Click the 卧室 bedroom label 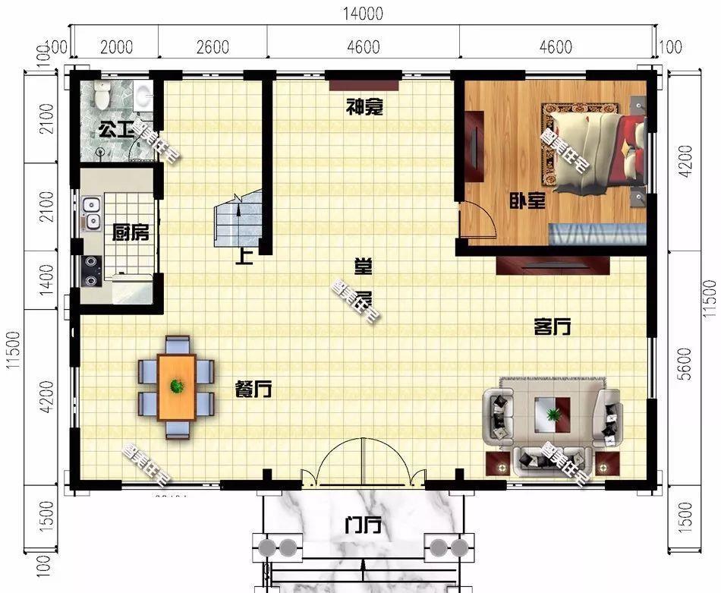pyautogui.click(x=527, y=201)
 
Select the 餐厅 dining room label pyautogui.click(x=253, y=390)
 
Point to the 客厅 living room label pyautogui.click(x=552, y=327)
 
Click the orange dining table pyautogui.click(x=177, y=386)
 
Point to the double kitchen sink pyautogui.click(x=92, y=213)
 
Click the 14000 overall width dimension pyautogui.click(x=362, y=14)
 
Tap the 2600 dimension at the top pyautogui.click(x=212, y=47)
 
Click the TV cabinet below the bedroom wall pyautogui.click(x=553, y=265)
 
